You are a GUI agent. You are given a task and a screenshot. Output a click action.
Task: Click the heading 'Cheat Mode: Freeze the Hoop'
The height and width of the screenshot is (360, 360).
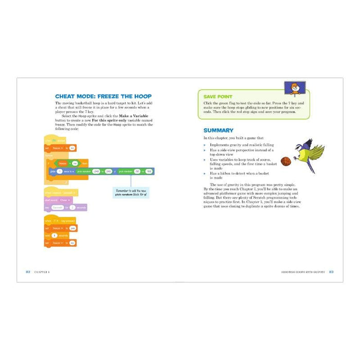(x=103, y=96)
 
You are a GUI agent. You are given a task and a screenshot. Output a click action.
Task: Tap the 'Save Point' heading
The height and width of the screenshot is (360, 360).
(x=218, y=96)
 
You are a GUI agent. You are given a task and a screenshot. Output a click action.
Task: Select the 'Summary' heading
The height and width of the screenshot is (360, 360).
(x=218, y=131)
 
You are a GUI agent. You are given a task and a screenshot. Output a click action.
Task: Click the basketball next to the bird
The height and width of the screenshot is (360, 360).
(x=286, y=162)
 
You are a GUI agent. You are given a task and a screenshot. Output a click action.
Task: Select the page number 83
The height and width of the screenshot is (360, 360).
(x=331, y=272)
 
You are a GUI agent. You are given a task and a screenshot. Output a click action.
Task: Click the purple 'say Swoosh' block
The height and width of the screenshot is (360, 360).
(x=65, y=207)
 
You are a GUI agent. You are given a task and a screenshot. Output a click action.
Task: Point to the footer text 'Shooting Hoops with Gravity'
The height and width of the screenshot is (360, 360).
(x=304, y=272)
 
